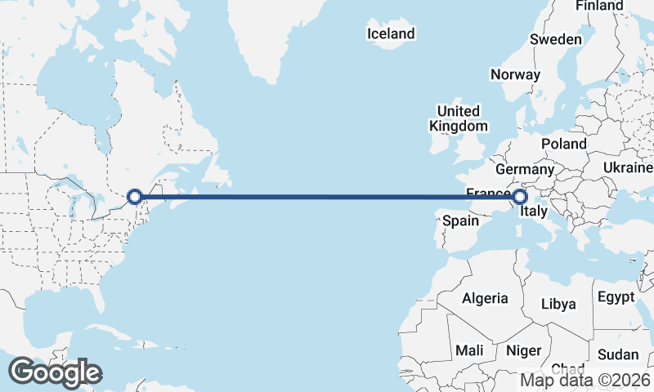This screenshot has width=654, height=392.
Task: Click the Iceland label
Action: [391, 33]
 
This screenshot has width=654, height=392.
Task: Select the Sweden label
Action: [556, 39]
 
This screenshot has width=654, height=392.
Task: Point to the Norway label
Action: [515, 74]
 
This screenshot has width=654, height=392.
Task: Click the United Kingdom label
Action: [459, 118]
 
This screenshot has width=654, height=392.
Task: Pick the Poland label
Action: [563, 144]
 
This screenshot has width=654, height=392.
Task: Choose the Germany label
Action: [525, 169]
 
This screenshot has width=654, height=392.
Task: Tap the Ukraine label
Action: [628, 167]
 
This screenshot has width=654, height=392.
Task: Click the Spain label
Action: [460, 220]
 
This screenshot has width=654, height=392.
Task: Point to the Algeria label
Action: [485, 299]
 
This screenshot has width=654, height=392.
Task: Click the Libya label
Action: [558, 304]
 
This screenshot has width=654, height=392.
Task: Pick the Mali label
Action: [469, 350]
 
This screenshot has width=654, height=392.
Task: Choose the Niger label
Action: [524, 350]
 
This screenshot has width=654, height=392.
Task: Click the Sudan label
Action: [618, 354]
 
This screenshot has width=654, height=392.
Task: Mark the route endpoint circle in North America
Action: [135, 196]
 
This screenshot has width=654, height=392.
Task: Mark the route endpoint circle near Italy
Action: [519, 197]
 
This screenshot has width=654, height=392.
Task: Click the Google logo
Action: [55, 372]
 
